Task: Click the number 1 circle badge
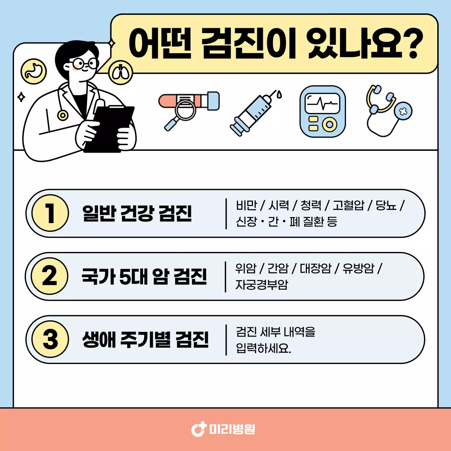click(50, 213)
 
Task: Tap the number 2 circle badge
click(49, 276)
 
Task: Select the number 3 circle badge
click(50, 339)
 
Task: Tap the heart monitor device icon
click(322, 111)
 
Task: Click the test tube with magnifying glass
click(188, 108)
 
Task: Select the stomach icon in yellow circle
click(34, 72)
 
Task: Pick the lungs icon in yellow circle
click(121, 73)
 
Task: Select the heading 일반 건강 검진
click(137, 213)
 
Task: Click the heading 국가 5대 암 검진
click(144, 276)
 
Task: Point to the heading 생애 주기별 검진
click(146, 339)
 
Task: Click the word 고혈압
click(348, 205)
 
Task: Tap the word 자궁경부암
click(262, 285)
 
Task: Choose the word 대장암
click(315, 268)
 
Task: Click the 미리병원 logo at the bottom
click(223, 429)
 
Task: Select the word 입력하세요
click(264, 348)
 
